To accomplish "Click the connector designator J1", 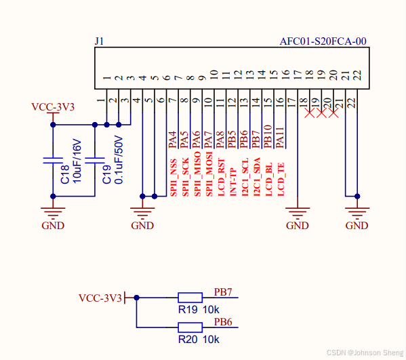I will pyautogui.click(x=99, y=41).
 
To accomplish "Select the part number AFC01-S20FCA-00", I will pyautogui.click(x=323, y=41).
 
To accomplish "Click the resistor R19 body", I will pyautogui.click(x=190, y=297).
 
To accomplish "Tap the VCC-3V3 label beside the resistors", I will pyautogui.click(x=100, y=298).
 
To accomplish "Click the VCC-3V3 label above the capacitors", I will pyautogui.click(x=53, y=107).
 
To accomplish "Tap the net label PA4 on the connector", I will pyautogui.click(x=172, y=139).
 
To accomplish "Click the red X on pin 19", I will pyautogui.click(x=321, y=113).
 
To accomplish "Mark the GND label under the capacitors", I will pyautogui.click(x=53, y=225).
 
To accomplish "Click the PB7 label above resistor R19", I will pyautogui.click(x=224, y=292).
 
